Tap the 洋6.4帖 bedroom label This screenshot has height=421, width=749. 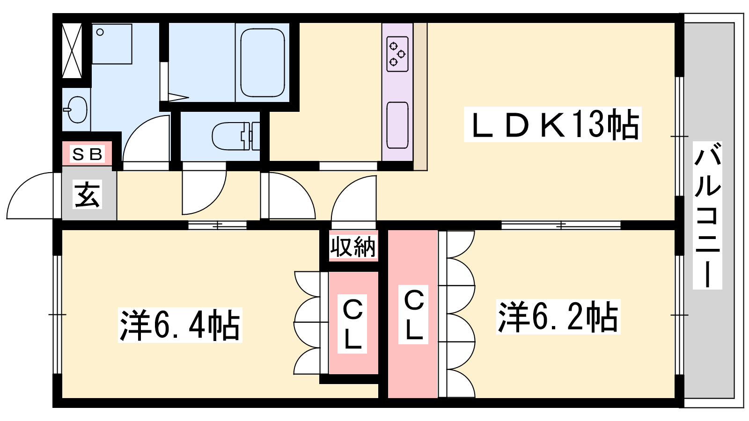(180, 325)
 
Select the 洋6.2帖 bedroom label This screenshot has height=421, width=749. (558, 316)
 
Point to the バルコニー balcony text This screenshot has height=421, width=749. (707, 216)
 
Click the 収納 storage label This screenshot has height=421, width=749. (353, 247)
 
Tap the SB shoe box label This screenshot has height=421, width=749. (87, 154)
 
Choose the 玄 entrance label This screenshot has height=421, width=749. (87, 195)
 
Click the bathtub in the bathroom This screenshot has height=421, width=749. (263, 63)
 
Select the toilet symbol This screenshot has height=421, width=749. (236, 136)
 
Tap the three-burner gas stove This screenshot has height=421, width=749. (397, 54)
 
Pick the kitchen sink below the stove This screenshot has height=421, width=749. (397, 125)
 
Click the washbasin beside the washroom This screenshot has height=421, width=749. (76, 109)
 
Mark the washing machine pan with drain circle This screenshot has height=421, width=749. (112, 44)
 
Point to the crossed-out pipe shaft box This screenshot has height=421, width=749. (72, 51)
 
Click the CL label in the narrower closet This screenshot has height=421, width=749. (353, 324)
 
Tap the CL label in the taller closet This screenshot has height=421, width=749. (414, 314)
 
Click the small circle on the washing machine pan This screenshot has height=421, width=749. (100, 32)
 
